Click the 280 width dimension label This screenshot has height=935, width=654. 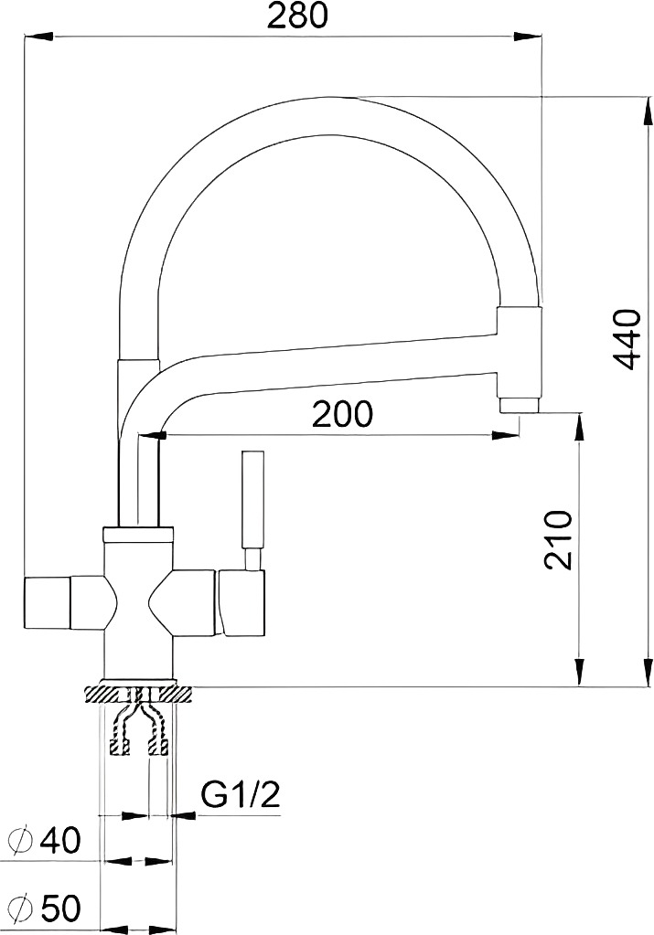(297, 16)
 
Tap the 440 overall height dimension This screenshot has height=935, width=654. (627, 339)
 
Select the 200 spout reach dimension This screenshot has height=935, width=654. (342, 414)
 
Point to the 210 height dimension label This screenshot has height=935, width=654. (559, 540)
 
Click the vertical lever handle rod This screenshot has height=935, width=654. (252, 500)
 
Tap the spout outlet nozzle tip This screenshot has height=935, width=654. (520, 405)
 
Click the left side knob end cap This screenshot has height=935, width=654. (48, 602)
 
